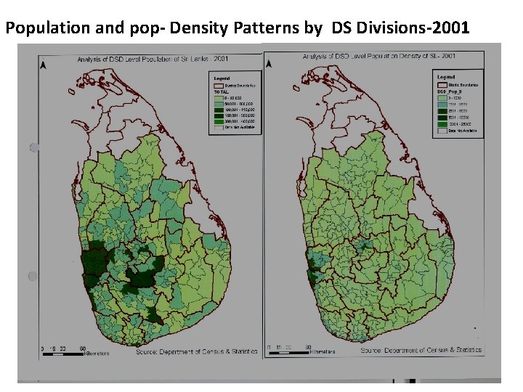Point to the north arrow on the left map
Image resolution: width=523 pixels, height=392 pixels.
pyautogui.click(x=44, y=65)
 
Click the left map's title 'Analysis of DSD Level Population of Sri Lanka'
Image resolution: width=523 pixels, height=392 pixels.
pyautogui.click(x=149, y=58)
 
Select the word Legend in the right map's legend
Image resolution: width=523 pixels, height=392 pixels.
pyautogui.click(x=446, y=76)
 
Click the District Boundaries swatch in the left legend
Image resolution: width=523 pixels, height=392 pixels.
pyautogui.click(x=217, y=84)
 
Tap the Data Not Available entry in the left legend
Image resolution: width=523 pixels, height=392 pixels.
pyautogui.click(x=231, y=128)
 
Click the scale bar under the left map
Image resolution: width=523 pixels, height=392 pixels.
pyautogui.click(x=64, y=349)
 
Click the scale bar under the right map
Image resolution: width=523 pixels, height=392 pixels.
pyautogui.click(x=288, y=350)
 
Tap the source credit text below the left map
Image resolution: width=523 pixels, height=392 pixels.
pyautogui.click(x=196, y=351)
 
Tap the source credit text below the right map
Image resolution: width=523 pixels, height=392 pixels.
pyautogui.click(x=421, y=350)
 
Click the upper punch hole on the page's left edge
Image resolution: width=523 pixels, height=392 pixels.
pyautogui.click(x=33, y=148)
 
